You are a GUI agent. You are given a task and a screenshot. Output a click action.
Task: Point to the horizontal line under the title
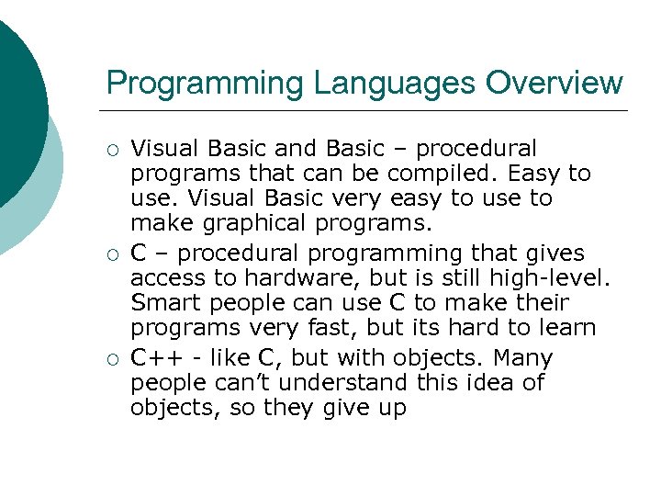(x=367, y=111)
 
